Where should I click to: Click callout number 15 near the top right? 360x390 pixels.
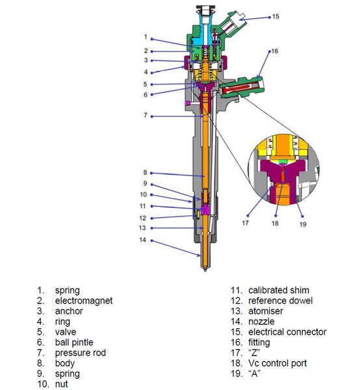pos(276,16)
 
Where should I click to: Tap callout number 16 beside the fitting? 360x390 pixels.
pos(275,51)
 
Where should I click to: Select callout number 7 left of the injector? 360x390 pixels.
pos(146,116)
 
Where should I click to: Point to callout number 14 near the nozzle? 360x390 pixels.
pos(142,240)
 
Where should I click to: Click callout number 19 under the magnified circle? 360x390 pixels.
pos(303,224)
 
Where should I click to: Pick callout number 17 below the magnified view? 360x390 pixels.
pos(245,223)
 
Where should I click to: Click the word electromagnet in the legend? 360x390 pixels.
pos(84,301)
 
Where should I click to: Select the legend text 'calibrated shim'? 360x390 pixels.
pos(279,291)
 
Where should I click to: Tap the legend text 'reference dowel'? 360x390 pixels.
pos(281,301)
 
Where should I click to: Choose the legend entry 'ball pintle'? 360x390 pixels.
pos(74,343)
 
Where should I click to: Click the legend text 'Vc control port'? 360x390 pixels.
pos(277,363)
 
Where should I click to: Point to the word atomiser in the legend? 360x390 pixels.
pos(266,311)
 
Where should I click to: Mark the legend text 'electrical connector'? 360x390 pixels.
pos(287,332)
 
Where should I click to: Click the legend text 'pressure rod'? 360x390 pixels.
pos(81,353)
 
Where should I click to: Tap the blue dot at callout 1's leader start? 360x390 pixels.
pos(151,39)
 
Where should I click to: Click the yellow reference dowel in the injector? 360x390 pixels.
pos(198,214)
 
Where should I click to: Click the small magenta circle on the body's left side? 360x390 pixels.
pos(188,103)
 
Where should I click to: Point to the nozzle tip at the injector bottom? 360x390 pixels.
pos(205,270)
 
